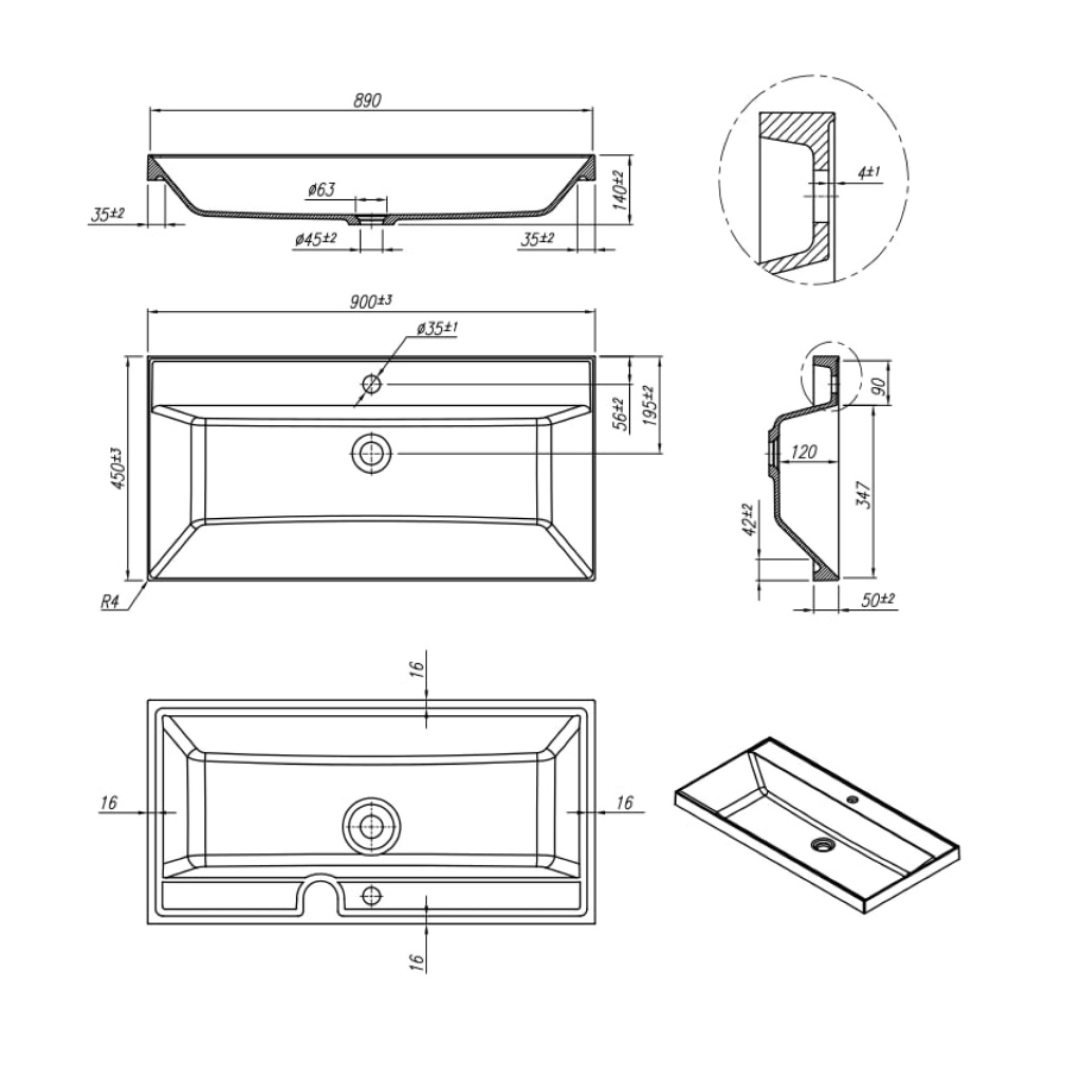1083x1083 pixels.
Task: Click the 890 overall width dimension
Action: click(x=367, y=100)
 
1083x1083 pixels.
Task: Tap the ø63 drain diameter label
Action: click(x=321, y=190)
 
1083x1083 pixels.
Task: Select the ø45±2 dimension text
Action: click(x=316, y=239)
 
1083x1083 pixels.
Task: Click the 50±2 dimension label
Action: click(x=878, y=600)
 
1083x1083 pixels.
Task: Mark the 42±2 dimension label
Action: click(x=749, y=520)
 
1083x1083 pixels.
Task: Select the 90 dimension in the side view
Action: click(x=880, y=387)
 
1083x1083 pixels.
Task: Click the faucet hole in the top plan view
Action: click(x=371, y=384)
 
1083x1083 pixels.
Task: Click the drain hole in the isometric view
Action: click(x=823, y=843)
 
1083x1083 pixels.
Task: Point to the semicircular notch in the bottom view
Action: click(x=322, y=890)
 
